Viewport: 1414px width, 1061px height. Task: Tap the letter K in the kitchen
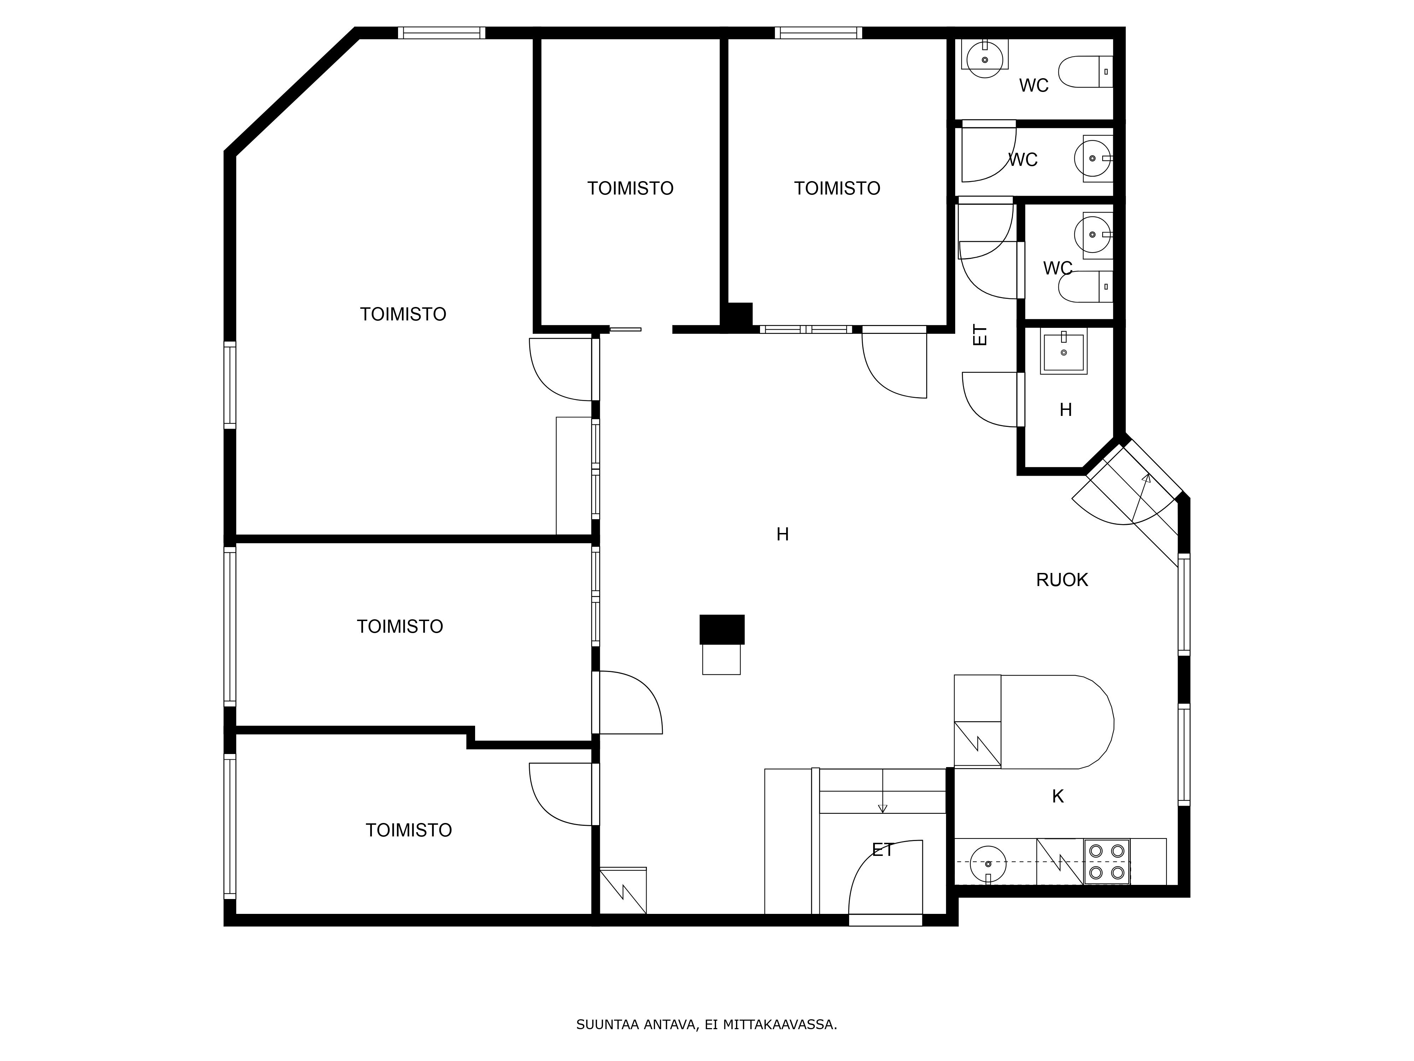[1058, 796]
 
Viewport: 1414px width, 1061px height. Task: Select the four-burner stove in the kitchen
[1106, 862]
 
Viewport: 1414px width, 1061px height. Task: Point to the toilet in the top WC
[1086, 72]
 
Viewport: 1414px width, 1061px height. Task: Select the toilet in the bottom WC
[1086, 286]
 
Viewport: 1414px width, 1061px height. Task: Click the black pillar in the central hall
[722, 629]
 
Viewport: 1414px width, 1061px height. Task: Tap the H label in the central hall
[782, 534]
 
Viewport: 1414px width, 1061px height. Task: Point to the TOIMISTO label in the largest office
[403, 314]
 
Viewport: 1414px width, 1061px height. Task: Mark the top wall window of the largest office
[442, 33]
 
